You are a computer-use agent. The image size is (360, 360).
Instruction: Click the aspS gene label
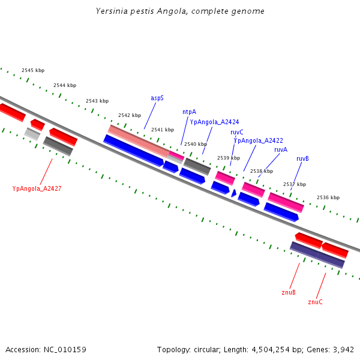157,97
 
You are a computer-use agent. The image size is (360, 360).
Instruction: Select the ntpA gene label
189,112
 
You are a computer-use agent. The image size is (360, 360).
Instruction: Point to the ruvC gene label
237,132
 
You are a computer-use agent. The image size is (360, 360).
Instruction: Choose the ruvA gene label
281,149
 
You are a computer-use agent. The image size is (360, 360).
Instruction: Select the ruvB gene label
303,159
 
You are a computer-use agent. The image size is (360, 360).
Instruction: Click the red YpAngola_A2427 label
37,188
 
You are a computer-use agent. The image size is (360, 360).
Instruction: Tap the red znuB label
289,293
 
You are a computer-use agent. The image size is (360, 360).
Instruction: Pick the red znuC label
315,302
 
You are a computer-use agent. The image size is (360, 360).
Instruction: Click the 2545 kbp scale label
33,71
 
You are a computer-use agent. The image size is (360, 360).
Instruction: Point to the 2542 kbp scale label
130,115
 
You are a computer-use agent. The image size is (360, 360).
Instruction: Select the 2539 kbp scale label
229,158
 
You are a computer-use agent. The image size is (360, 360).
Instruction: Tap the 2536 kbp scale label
328,197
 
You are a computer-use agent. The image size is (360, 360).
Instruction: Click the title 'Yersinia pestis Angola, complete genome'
180,11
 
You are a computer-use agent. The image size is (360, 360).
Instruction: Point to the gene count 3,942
343,349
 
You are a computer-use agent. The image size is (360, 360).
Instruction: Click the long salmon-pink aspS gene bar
138,142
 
